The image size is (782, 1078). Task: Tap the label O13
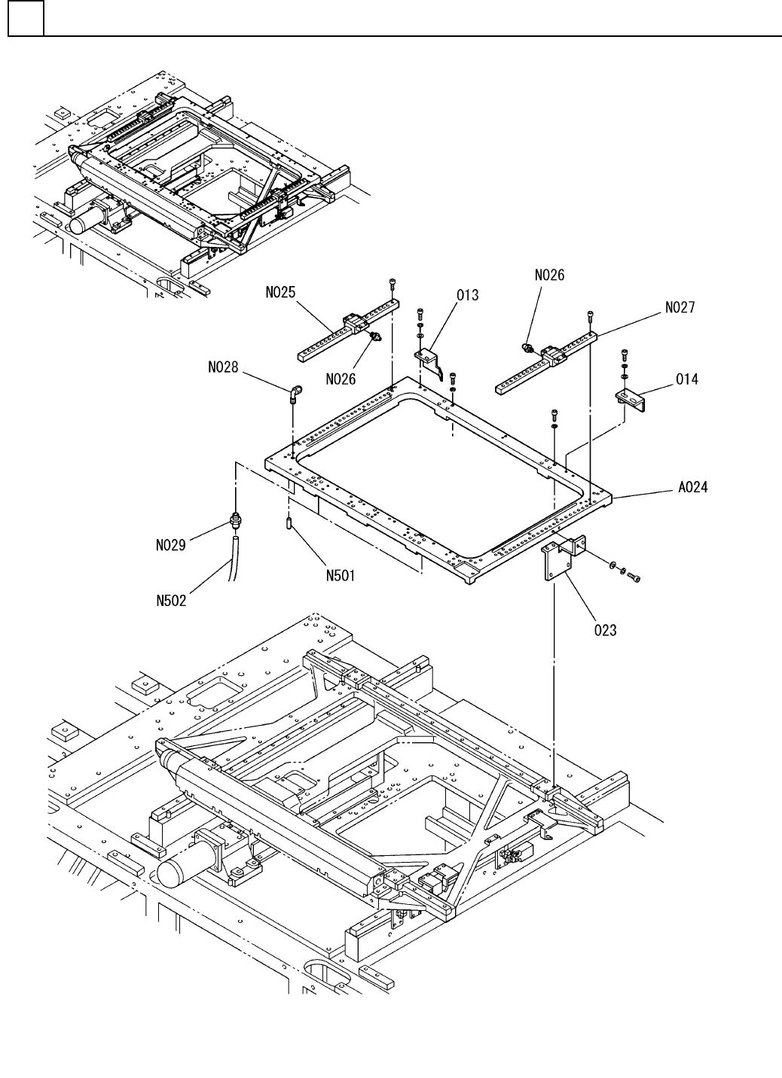[467, 294]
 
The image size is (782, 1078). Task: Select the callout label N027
[680, 307]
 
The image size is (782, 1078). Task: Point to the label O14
[686, 379]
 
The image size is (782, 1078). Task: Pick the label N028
[223, 368]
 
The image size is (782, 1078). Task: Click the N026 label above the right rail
[549, 276]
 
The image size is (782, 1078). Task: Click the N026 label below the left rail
[341, 379]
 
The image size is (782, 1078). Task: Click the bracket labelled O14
[629, 397]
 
